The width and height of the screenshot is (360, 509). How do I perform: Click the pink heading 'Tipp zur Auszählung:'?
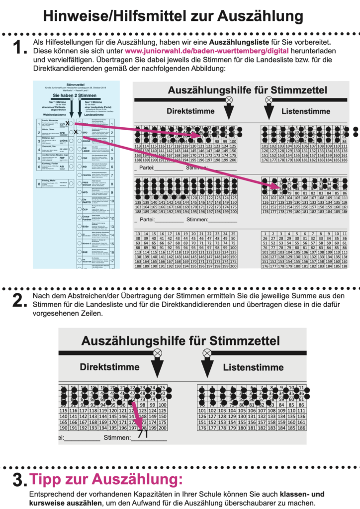(x=106, y=480)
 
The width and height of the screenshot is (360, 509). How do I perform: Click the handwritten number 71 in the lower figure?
(x=144, y=433)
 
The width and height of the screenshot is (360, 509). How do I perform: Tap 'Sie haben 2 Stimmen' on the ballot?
(x=76, y=95)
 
